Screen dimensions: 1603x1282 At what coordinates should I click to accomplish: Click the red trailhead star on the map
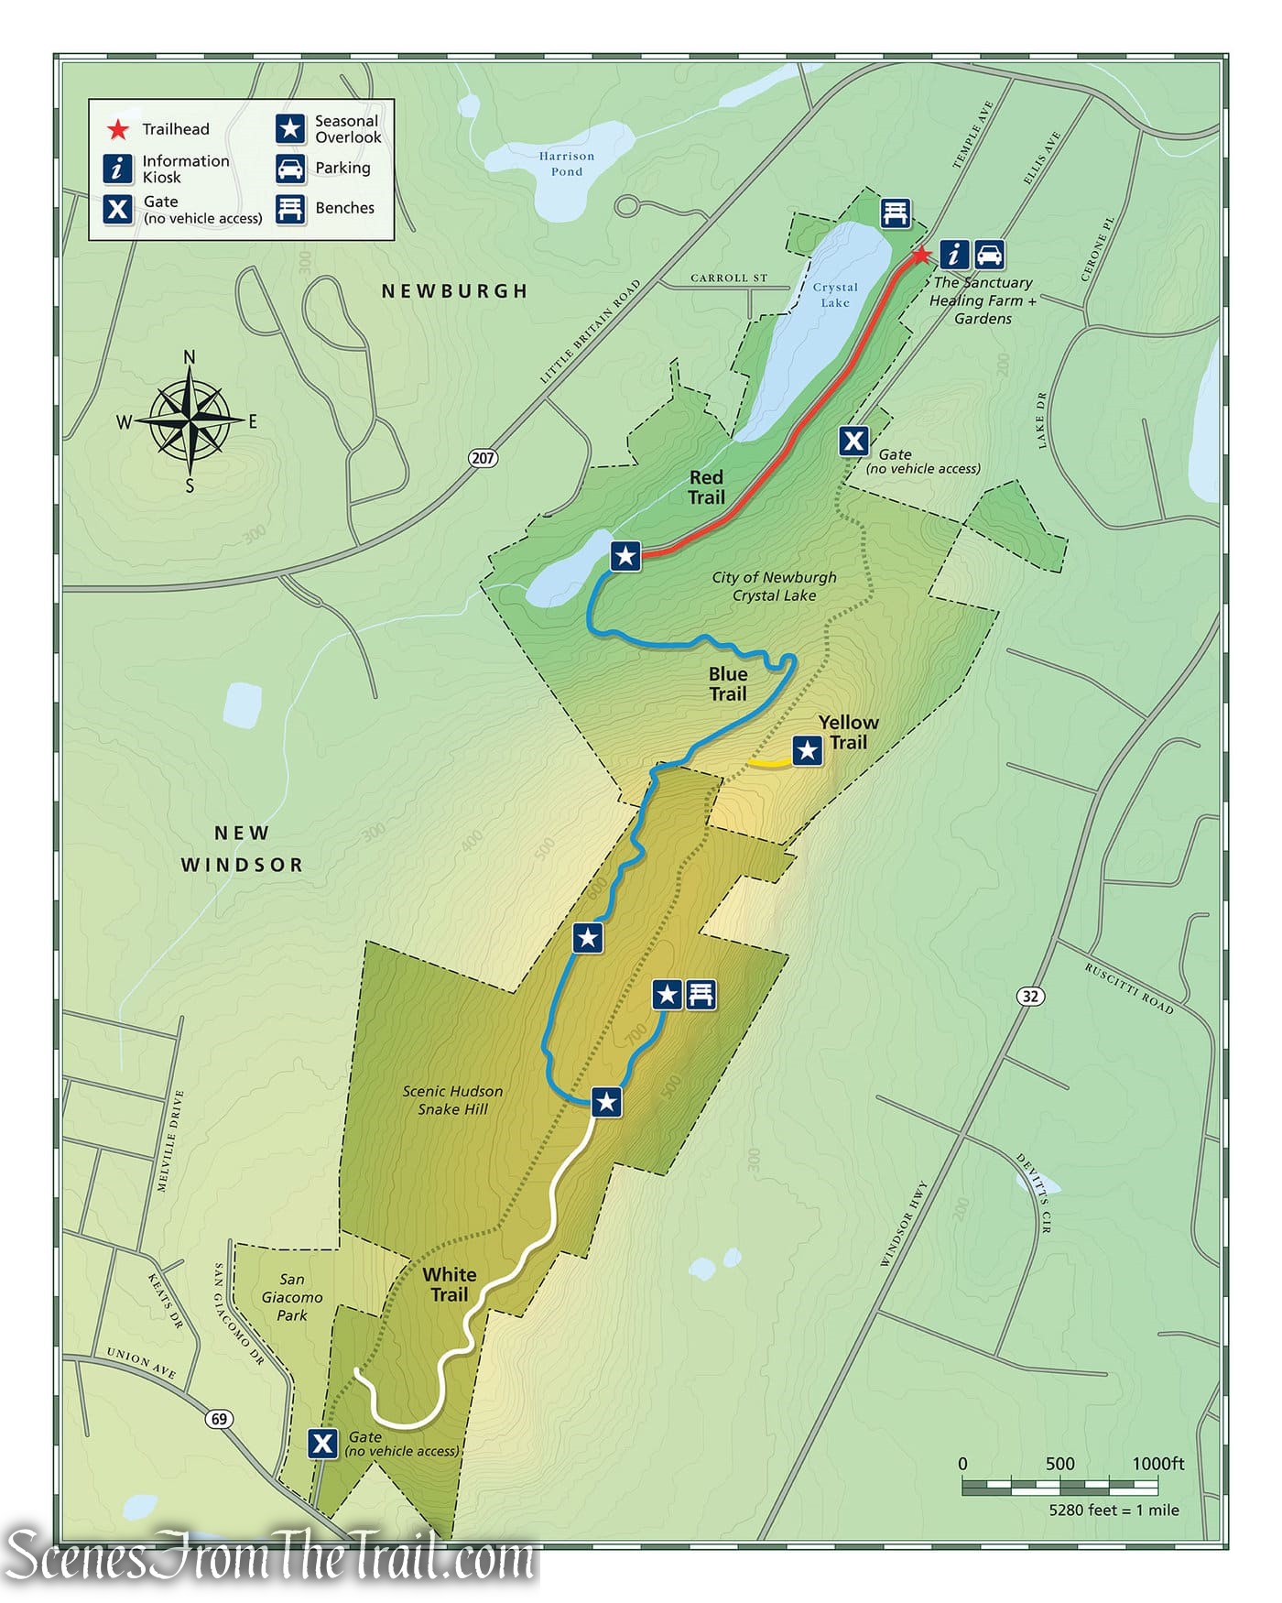point(921,255)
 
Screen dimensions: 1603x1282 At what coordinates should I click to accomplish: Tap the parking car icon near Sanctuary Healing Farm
point(989,254)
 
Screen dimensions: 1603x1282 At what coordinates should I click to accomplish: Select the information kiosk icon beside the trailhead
point(955,254)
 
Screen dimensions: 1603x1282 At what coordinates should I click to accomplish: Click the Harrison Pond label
point(566,164)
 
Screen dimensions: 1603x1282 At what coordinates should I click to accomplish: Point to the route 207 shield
point(483,457)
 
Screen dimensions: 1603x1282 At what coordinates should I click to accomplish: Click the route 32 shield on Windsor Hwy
point(1031,996)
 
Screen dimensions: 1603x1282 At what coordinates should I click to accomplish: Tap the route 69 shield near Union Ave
point(219,1419)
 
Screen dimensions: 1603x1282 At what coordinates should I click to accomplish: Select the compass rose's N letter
point(190,357)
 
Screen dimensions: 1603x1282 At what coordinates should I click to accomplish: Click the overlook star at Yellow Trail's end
point(807,751)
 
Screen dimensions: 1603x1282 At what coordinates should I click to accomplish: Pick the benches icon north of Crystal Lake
point(896,213)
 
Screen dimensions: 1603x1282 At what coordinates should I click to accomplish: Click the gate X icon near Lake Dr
point(853,442)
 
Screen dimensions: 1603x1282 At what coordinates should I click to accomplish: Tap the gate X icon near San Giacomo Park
point(322,1444)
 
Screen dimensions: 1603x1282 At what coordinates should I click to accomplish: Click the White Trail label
point(449,1284)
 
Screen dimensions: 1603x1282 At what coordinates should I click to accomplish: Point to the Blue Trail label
point(728,684)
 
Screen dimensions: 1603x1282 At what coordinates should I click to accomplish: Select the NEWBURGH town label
point(455,291)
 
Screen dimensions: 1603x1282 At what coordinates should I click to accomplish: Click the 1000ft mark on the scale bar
point(1157,1464)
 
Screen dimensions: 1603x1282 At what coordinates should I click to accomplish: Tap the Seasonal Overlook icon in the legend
point(290,129)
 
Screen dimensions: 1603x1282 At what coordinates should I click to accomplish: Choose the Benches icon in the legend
point(290,208)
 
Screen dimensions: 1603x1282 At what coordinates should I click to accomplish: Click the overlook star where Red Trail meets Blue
point(625,555)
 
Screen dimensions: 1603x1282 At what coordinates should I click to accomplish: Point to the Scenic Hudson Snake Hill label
point(452,1100)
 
